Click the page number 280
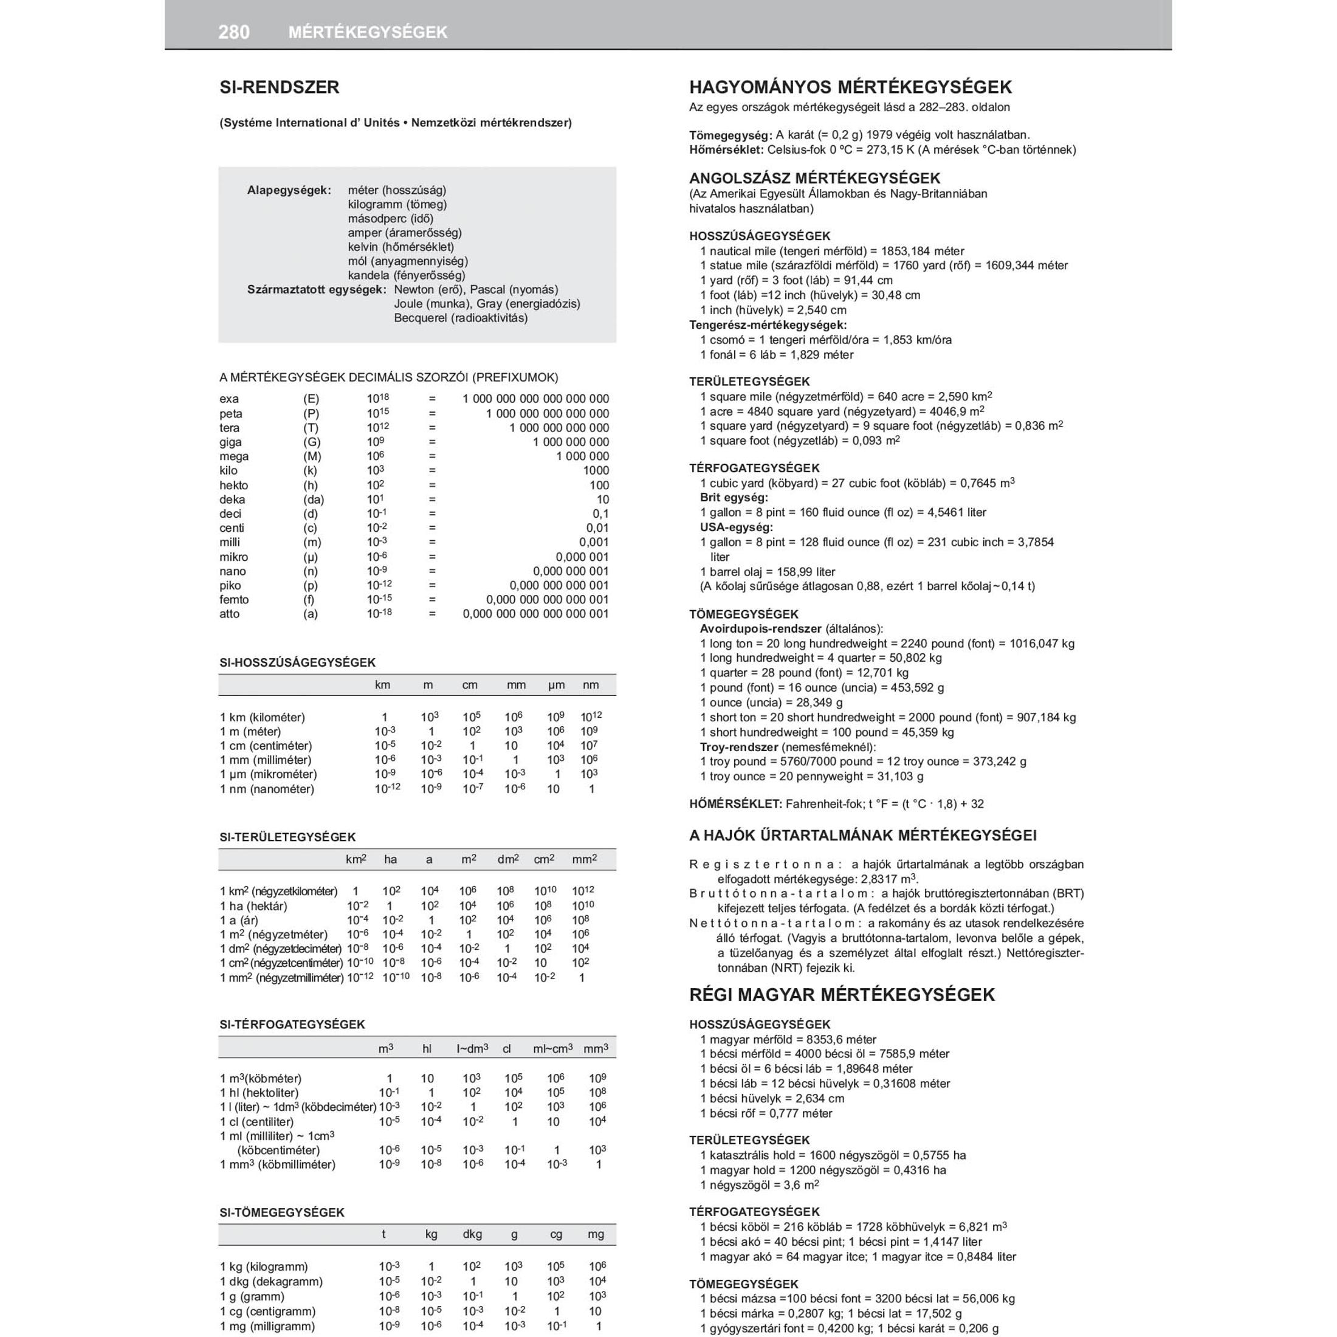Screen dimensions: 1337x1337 click(x=234, y=32)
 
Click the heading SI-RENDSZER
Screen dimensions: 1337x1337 click(x=280, y=87)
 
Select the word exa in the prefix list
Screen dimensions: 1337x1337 click(x=229, y=399)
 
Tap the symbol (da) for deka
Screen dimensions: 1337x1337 click(x=313, y=500)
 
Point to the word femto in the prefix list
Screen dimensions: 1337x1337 click(x=234, y=600)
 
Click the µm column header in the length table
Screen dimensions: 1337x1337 click(x=557, y=685)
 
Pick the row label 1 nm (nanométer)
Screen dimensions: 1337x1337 click(x=267, y=789)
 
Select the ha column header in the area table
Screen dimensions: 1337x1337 click(x=390, y=859)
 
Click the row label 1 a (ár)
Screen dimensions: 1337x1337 click(x=239, y=920)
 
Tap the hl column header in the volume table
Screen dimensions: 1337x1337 click(x=427, y=1049)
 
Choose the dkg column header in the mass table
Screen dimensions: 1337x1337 click(x=472, y=1234)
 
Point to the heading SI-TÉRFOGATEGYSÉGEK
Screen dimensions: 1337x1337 click(x=292, y=1024)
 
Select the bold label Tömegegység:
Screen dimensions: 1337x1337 click(x=730, y=135)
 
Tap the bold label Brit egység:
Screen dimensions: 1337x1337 click(x=734, y=498)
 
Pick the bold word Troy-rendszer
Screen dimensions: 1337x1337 click(x=738, y=747)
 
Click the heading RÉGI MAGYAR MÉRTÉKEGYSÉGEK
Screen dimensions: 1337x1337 click(x=842, y=995)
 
